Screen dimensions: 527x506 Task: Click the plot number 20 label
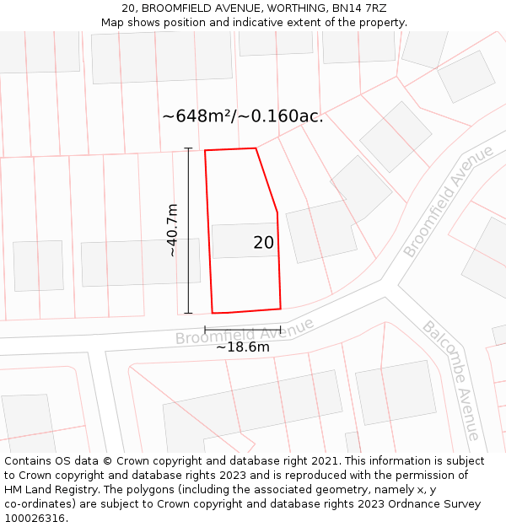(263, 243)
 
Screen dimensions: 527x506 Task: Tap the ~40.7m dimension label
(172, 230)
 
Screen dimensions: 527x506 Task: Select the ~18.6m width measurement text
(243, 347)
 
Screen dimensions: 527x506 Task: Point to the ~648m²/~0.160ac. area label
(243, 116)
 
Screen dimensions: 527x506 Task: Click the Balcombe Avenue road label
(451, 379)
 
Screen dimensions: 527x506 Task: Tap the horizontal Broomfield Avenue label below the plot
(244, 331)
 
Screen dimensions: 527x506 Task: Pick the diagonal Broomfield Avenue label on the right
(448, 202)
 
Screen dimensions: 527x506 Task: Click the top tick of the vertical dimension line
(188, 148)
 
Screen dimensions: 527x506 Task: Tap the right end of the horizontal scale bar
(281, 329)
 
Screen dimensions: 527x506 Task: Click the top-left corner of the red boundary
(205, 151)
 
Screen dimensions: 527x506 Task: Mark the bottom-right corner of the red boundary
(281, 308)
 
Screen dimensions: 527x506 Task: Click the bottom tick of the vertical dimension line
(188, 313)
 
